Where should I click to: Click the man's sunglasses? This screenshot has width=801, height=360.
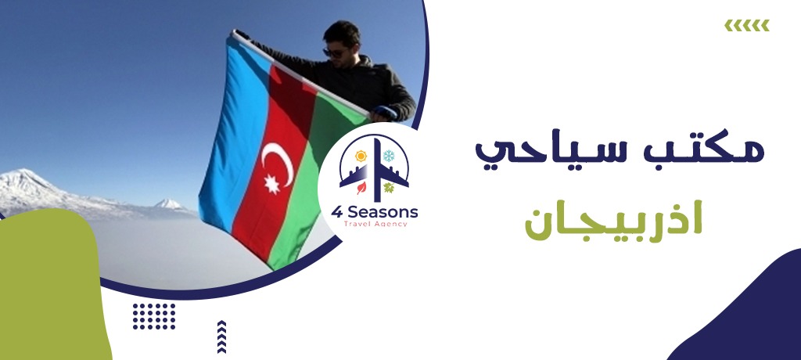(334, 52)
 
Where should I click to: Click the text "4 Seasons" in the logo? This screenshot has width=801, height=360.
(375, 212)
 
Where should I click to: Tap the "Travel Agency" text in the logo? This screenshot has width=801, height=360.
(375, 224)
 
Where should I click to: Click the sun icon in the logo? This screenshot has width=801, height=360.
(361, 156)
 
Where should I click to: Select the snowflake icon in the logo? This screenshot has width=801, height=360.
(390, 156)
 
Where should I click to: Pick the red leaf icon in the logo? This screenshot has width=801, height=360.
(361, 188)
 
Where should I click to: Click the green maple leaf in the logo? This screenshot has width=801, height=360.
(389, 188)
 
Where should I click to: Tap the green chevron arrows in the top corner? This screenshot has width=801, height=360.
(747, 25)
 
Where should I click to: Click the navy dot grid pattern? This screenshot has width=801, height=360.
(154, 316)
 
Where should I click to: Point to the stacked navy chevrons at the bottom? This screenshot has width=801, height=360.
(221, 337)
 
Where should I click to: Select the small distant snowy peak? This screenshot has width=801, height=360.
(168, 203)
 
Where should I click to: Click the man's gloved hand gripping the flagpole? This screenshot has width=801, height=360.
(382, 113)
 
